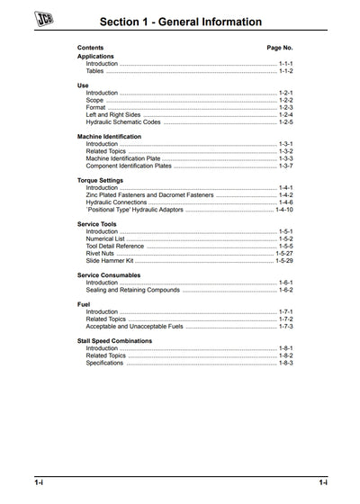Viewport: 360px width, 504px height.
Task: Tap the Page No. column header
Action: click(x=280, y=47)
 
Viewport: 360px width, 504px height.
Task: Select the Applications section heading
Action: click(x=95, y=56)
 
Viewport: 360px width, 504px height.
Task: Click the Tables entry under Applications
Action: click(x=95, y=70)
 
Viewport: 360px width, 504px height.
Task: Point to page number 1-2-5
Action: click(x=286, y=120)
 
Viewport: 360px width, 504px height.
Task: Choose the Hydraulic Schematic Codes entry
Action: click(x=122, y=120)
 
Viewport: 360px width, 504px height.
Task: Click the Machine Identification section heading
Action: click(x=109, y=136)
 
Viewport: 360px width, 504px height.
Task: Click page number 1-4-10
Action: click(x=284, y=210)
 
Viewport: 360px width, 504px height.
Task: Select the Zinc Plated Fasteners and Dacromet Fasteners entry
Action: click(x=150, y=195)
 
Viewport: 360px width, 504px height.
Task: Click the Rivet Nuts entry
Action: click(x=101, y=253)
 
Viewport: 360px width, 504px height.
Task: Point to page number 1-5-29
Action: click(x=284, y=260)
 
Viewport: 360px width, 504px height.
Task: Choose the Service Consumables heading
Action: click(x=109, y=275)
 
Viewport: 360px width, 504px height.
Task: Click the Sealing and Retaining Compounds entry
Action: click(x=133, y=290)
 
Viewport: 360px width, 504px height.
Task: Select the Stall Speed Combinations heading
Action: click(x=114, y=341)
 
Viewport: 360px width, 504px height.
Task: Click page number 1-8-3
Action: click(x=286, y=363)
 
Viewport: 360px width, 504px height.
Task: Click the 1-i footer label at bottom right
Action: click(x=322, y=483)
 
